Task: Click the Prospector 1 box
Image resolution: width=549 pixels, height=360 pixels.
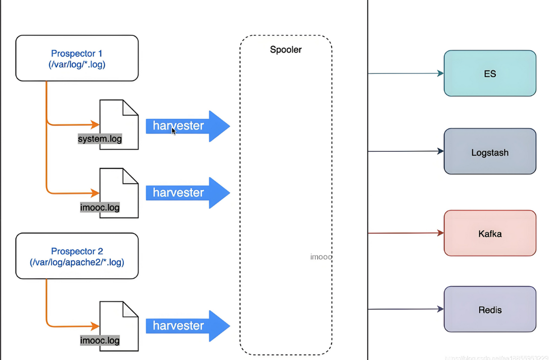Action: click(77, 58)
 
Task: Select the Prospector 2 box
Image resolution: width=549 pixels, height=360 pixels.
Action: click(77, 256)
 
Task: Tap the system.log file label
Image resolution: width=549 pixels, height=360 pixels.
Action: click(100, 139)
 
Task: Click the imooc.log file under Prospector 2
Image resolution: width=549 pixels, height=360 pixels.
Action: click(100, 340)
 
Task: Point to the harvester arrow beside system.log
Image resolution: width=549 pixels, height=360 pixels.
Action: click(188, 126)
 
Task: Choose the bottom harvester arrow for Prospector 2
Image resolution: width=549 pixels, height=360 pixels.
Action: click(188, 326)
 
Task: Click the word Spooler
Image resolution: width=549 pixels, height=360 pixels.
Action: click(286, 50)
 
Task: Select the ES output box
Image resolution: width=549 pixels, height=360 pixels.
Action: click(489, 73)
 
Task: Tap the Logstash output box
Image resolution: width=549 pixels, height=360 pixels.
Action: click(489, 152)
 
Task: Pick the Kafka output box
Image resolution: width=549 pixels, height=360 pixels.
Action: click(489, 233)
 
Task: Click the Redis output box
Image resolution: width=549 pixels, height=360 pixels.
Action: click(489, 309)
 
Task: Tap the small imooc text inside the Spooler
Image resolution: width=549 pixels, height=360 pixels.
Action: click(321, 257)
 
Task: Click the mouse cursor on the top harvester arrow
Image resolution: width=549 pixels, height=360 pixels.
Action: click(173, 131)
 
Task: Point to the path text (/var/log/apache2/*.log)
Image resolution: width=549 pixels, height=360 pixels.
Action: click(77, 262)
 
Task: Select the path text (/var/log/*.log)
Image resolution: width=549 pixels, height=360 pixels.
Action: click(77, 64)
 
